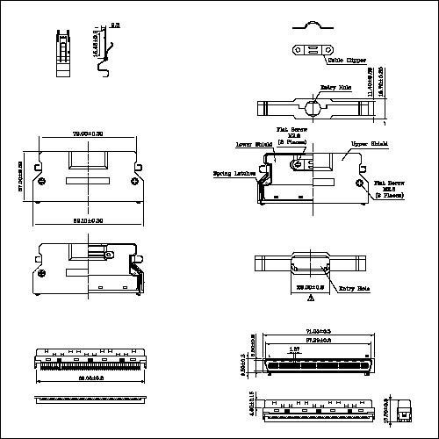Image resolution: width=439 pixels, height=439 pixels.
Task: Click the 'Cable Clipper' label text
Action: (347, 61)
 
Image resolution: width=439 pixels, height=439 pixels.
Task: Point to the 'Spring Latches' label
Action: (234, 174)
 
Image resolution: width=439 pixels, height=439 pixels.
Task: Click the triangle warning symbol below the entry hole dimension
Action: (310, 299)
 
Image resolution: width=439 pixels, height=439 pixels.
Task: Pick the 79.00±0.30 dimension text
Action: (86, 133)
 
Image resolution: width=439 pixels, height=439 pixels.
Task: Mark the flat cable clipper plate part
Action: (308, 49)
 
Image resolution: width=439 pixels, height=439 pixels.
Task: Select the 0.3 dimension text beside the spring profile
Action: (114, 26)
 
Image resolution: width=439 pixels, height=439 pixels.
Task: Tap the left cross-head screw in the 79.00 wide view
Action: (43, 182)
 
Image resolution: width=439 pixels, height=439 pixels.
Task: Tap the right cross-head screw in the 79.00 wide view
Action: (132, 182)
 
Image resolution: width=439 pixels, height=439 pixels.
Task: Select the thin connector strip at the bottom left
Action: (86, 399)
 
